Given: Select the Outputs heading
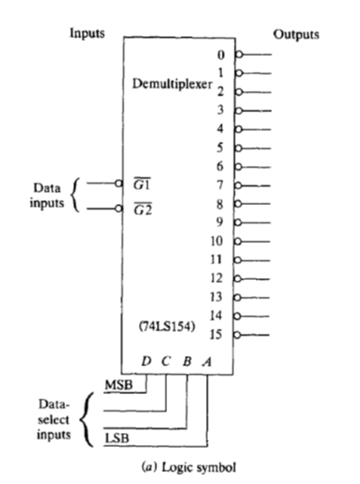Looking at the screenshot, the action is click(296, 34).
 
